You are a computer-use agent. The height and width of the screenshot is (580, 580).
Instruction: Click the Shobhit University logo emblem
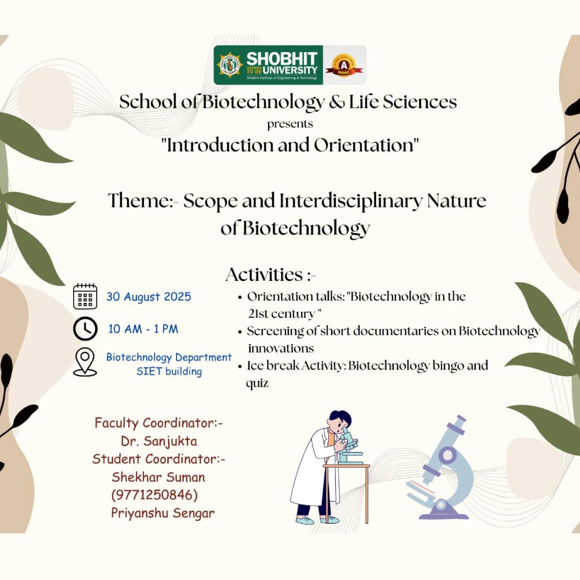230,64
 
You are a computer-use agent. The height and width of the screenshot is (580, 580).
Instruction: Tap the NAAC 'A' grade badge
344,64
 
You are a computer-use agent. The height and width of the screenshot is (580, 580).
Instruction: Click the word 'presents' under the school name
290,124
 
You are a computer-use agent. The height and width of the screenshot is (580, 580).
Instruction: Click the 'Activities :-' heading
271,274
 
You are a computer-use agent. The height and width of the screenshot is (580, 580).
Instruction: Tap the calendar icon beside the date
85,296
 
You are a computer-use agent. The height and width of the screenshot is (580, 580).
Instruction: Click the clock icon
85,329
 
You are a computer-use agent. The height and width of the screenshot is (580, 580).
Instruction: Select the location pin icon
85,362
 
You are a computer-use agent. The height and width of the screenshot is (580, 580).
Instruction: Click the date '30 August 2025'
149,297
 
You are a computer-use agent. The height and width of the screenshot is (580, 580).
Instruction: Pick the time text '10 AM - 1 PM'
143,329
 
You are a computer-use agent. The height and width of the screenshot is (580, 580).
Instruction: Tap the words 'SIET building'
169,371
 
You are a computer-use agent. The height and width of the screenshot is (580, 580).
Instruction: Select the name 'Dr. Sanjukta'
159,441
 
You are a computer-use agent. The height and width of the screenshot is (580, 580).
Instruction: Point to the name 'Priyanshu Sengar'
163,513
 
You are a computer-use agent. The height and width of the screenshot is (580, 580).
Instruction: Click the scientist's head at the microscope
339,421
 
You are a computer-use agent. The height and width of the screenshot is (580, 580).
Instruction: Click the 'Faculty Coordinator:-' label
159,423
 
